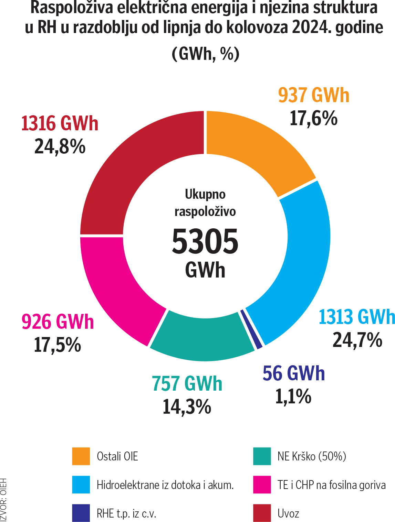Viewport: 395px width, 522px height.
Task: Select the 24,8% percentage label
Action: click(60, 147)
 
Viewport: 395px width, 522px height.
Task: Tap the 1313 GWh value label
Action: click(356, 317)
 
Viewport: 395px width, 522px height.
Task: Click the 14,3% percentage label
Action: click(187, 407)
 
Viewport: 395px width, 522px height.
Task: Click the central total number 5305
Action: click(205, 241)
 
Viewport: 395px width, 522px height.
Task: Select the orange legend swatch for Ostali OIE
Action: click(81, 456)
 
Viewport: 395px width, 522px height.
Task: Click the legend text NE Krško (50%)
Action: click(312, 456)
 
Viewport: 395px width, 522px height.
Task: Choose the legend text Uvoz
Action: click(288, 513)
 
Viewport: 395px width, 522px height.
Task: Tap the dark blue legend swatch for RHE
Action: click(81, 513)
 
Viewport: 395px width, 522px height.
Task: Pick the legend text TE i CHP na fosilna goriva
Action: click(331, 485)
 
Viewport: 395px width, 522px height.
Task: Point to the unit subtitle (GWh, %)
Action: click(205, 54)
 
